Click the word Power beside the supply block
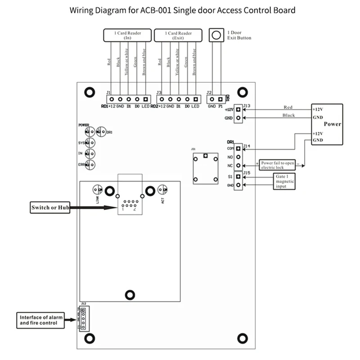[332, 124]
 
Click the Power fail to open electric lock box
[279, 164]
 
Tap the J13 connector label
[247, 107]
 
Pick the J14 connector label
[247, 145]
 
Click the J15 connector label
[247, 172]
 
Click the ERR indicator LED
[91, 165]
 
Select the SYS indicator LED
[91, 143]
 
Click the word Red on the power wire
[288, 107]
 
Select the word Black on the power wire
[288, 115]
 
